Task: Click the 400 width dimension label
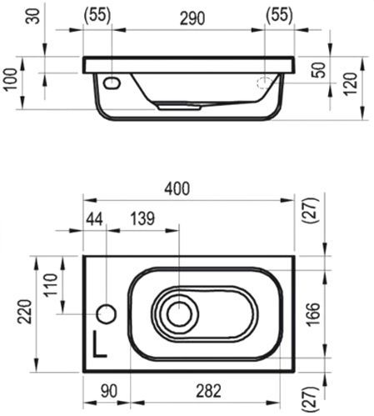177,188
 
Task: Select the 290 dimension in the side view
192,18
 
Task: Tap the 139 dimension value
142,218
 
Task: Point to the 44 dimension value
94,218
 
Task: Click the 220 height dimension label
24,312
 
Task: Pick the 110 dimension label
51,285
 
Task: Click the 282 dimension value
208,391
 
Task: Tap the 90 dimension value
109,391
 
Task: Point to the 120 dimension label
350,84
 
